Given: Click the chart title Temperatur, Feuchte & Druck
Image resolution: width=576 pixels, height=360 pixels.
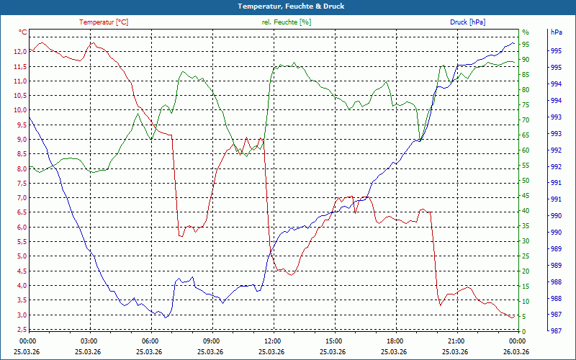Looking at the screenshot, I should pyautogui.click(x=288, y=6).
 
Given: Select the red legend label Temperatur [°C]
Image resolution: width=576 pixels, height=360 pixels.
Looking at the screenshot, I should pyautogui.click(x=104, y=22).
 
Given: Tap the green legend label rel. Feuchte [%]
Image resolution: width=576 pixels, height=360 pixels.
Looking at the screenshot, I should pyautogui.click(x=287, y=22).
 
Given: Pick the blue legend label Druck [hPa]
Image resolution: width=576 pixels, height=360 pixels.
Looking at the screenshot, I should pyautogui.click(x=467, y=22).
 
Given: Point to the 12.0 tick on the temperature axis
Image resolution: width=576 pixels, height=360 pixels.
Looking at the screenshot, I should pyautogui.click(x=19, y=52).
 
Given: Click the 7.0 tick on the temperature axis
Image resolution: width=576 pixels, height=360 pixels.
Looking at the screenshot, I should pyautogui.click(x=20, y=198).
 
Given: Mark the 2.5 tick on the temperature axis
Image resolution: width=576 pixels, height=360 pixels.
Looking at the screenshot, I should pyautogui.click(x=20, y=330).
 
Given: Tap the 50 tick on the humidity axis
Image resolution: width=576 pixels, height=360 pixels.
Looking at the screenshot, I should pyautogui.click(x=526, y=181).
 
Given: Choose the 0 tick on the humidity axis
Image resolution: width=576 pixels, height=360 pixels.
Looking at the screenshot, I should pyautogui.click(x=524, y=332).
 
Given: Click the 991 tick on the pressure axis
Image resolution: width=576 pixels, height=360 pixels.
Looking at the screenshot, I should pyautogui.click(x=556, y=199).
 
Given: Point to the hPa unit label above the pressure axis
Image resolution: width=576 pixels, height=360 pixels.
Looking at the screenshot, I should pyautogui.click(x=556, y=32).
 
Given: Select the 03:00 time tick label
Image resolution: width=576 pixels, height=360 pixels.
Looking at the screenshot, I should pyautogui.click(x=89, y=341).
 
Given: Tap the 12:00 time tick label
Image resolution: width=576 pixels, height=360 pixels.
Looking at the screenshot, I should pyautogui.click(x=272, y=341).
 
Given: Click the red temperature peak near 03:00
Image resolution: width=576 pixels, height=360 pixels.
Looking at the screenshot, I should pyautogui.click(x=92, y=43).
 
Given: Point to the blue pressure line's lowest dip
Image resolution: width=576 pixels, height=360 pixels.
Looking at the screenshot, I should pyautogui.click(x=166, y=318).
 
